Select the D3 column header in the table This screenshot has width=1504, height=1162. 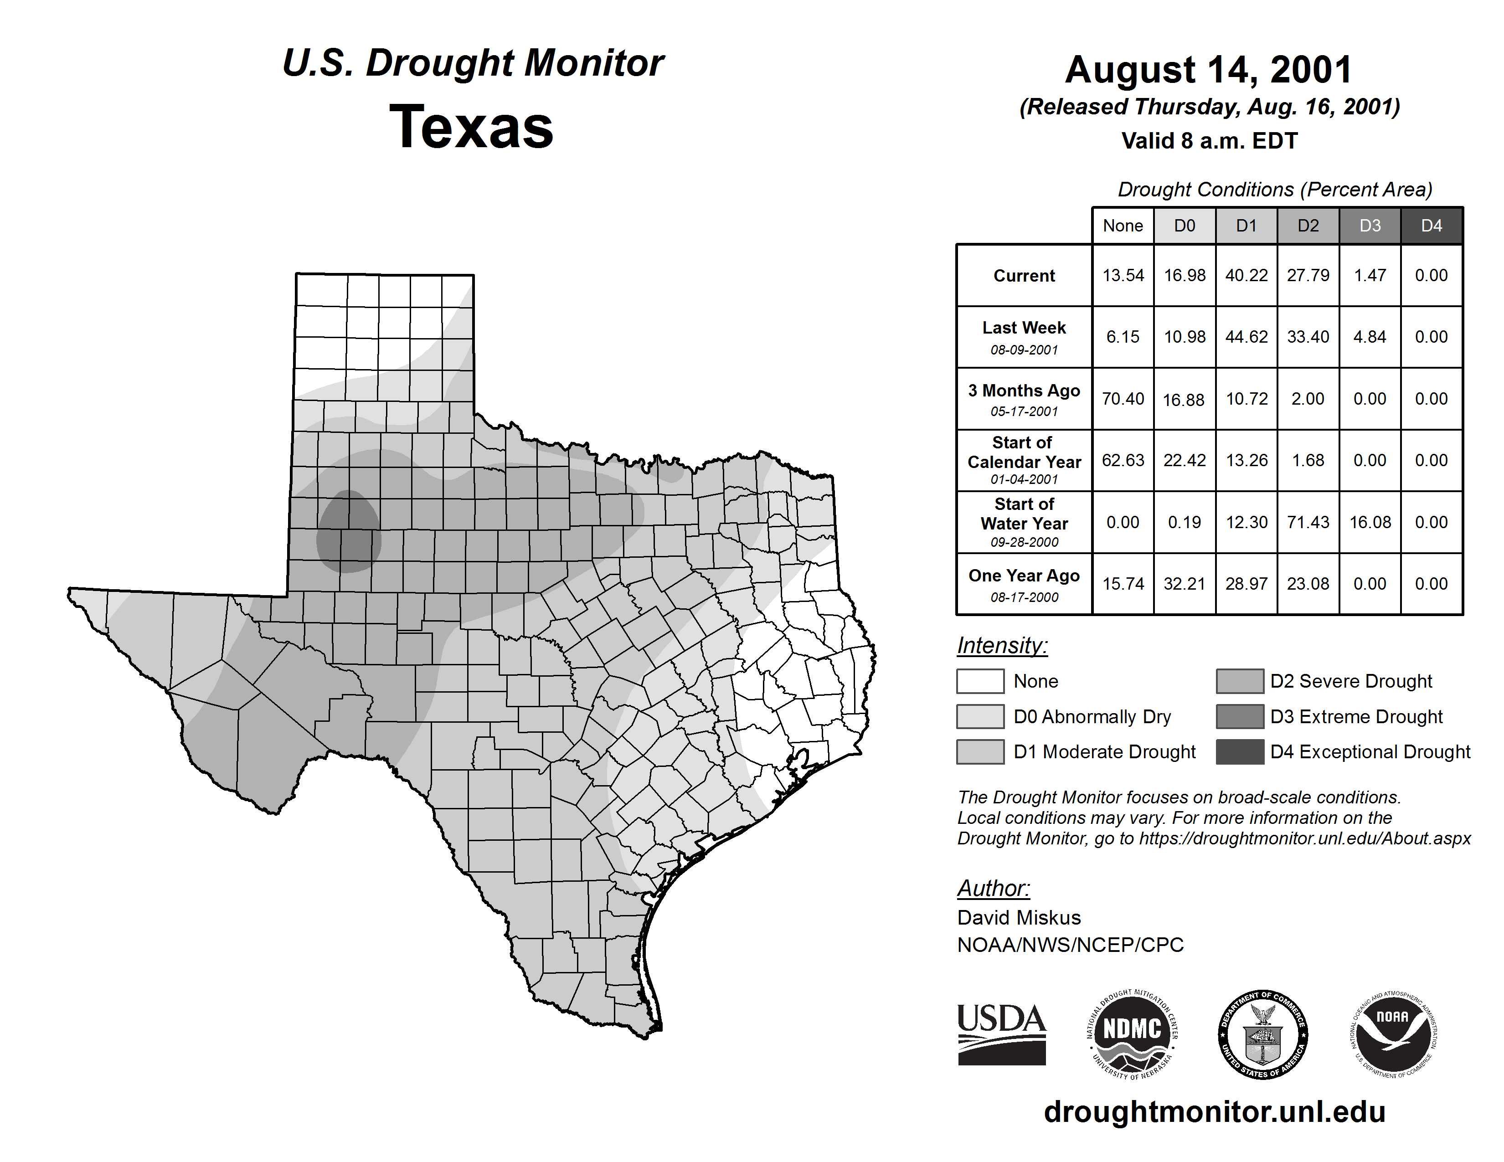(x=1370, y=226)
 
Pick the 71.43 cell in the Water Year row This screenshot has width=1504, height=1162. (x=1308, y=523)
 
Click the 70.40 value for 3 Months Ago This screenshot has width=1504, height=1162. (x=1123, y=399)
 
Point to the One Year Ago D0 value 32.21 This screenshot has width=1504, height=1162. (x=1185, y=584)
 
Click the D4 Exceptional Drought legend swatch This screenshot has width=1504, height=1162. (x=1240, y=752)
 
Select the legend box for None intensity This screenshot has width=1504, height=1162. (x=980, y=681)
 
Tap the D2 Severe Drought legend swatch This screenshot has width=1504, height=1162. (x=1240, y=681)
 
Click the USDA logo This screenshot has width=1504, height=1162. (x=1001, y=1034)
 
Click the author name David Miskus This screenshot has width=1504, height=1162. (x=1019, y=918)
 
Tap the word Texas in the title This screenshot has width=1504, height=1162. (x=471, y=127)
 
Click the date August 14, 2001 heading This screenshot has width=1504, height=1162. (x=1209, y=70)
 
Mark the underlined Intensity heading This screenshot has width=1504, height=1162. (x=1002, y=646)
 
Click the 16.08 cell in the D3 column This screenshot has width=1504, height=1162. (x=1370, y=523)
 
